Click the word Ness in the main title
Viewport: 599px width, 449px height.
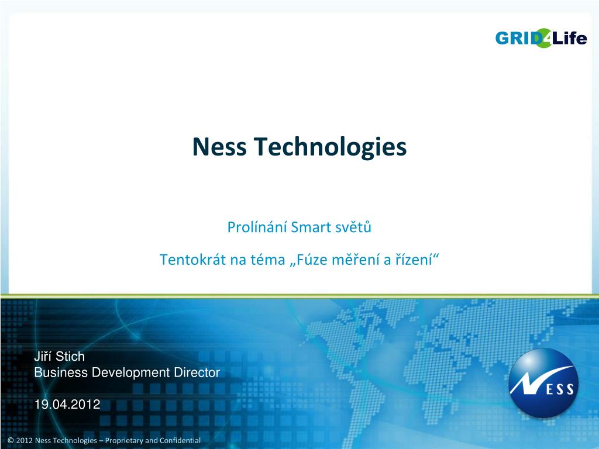[x=221, y=147]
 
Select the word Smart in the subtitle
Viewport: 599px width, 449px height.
[x=311, y=227]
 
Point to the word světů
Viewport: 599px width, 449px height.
[x=353, y=227]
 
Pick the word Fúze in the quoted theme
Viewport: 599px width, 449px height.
[x=309, y=260]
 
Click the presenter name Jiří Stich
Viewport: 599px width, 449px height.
[x=59, y=357]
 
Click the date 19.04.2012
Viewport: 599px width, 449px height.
[x=67, y=404]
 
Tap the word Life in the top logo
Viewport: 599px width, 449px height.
[x=569, y=39]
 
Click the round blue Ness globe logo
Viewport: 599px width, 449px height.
[x=543, y=384]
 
